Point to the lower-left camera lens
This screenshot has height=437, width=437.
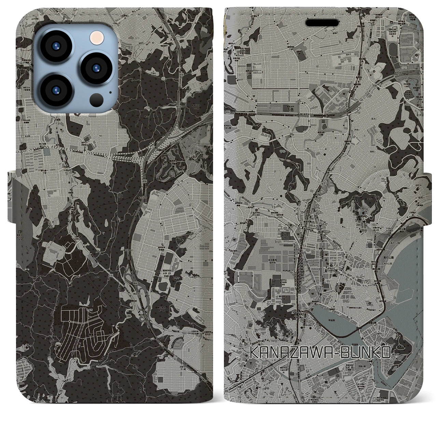pos(56,91)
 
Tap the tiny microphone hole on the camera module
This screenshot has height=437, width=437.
pos(110,92)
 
